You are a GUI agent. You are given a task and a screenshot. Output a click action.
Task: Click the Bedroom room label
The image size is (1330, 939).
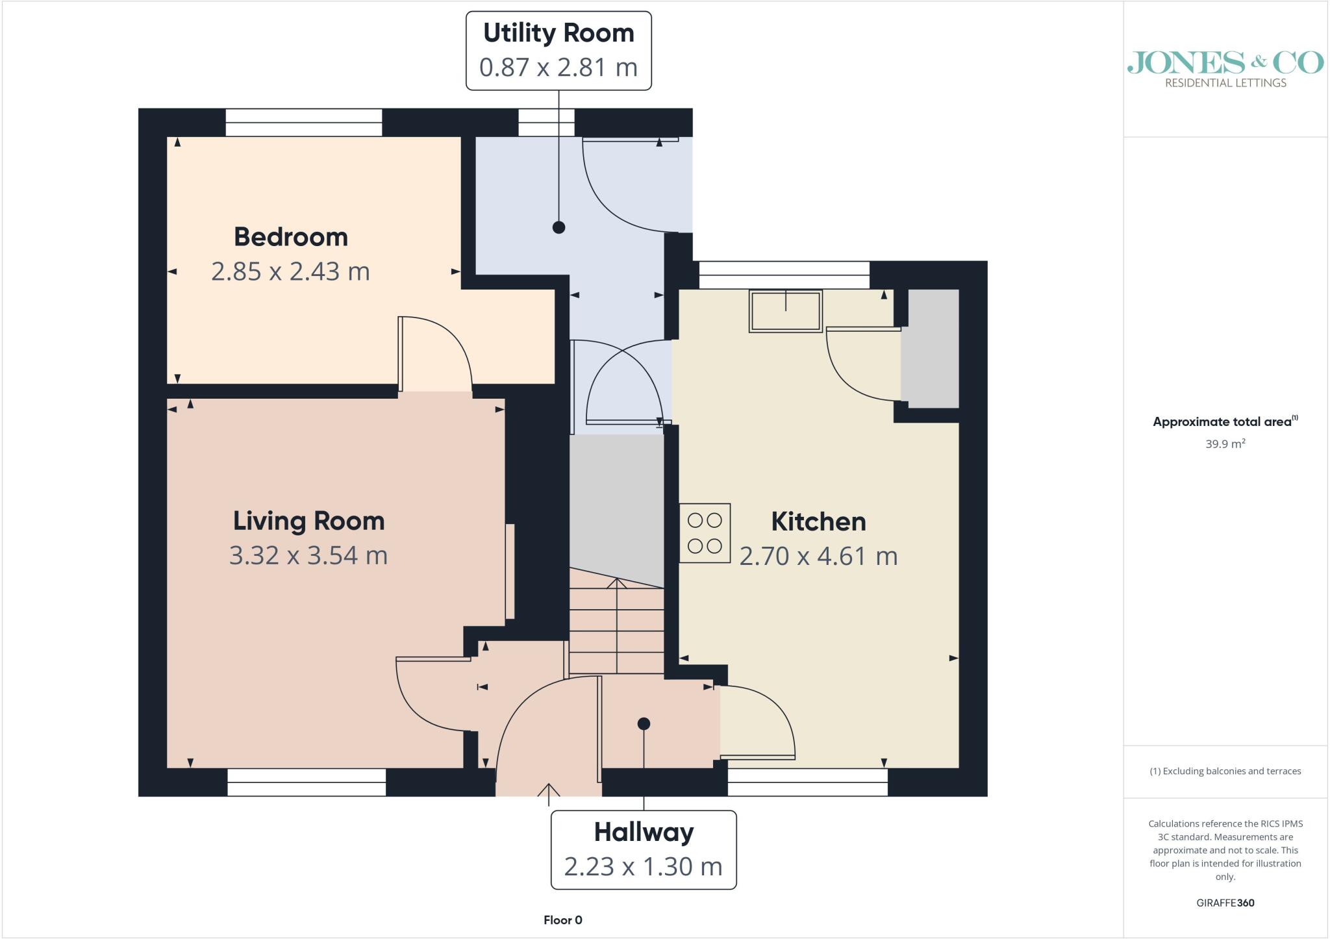pyautogui.click(x=291, y=237)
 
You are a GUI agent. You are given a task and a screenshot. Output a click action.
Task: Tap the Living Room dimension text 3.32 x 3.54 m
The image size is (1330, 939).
pyautogui.click(x=308, y=556)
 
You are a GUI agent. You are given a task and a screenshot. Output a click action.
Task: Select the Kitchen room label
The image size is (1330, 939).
pyautogui.click(x=818, y=521)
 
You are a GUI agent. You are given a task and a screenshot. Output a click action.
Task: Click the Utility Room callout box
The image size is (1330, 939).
pyautogui.click(x=558, y=51)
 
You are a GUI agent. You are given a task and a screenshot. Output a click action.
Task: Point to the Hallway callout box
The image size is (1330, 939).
pyautogui.click(x=644, y=849)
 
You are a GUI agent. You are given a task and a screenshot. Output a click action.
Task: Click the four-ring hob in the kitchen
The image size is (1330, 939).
pyautogui.click(x=705, y=533)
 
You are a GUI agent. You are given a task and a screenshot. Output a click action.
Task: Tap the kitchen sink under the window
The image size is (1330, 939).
pyautogui.click(x=786, y=311)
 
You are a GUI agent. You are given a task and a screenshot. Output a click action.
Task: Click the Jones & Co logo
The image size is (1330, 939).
pyautogui.click(x=1225, y=69)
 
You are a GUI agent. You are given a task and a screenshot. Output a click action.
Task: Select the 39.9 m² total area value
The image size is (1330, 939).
pyautogui.click(x=1225, y=444)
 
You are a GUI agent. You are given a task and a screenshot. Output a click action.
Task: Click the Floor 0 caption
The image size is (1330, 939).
pyautogui.click(x=563, y=920)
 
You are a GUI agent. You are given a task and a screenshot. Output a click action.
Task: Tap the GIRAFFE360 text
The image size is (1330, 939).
pyautogui.click(x=1225, y=903)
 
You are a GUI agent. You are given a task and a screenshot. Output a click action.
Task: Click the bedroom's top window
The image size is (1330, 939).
pyautogui.click(x=304, y=122)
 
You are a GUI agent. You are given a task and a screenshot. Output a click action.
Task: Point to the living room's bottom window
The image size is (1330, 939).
pyautogui.click(x=307, y=782)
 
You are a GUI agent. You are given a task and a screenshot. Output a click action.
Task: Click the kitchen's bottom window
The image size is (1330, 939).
pyautogui.click(x=808, y=782)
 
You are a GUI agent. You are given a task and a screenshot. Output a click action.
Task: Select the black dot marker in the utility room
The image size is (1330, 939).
pyautogui.click(x=558, y=227)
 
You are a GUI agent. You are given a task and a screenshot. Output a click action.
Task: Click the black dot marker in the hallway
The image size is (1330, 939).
pyautogui.click(x=644, y=723)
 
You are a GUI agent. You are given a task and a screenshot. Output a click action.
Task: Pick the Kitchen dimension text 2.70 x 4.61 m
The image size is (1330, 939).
pyautogui.click(x=818, y=557)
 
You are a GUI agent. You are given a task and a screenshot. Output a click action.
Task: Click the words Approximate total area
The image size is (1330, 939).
pyautogui.click(x=1222, y=422)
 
